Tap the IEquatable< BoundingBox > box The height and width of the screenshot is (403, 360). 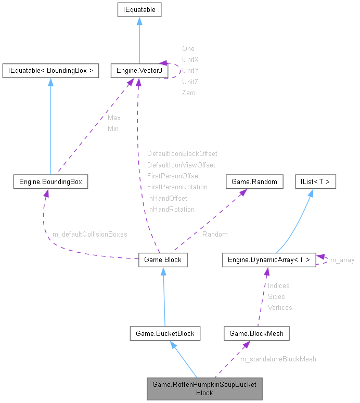coord(50,71)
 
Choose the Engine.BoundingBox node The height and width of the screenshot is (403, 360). coord(50,181)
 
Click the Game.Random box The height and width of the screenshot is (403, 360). coord(254,181)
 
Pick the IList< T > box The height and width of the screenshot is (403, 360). coord(315,181)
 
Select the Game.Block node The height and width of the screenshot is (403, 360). coord(163,259)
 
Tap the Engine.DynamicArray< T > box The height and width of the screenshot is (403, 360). coord(268,259)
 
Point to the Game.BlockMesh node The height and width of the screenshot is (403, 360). coord(256,333)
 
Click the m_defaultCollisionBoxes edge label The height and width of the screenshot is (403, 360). coord(90,235)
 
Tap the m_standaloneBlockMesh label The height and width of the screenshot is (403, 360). coord(278,359)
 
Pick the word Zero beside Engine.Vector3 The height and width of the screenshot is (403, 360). coord(189,93)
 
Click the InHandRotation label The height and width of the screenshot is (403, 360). coord(171,210)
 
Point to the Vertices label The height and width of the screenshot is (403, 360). coord(280,308)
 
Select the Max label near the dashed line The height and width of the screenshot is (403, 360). coord(114,118)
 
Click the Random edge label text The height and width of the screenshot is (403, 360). coord(215,235)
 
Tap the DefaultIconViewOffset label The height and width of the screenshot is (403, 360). coord(181,165)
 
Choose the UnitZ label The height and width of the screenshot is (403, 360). coord(190,82)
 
